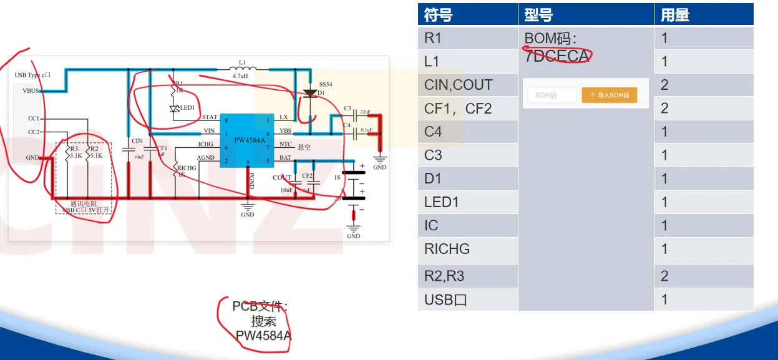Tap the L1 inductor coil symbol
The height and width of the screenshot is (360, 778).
click(x=243, y=68)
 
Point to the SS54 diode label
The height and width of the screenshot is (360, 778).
click(x=326, y=84)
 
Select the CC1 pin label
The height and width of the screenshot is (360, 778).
click(x=34, y=118)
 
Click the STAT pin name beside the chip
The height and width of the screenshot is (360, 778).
click(x=210, y=117)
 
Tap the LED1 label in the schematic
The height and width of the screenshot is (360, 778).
click(x=188, y=108)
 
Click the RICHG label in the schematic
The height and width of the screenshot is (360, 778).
click(x=187, y=168)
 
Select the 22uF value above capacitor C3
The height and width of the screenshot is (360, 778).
click(x=365, y=111)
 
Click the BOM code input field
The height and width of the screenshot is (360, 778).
click(x=552, y=95)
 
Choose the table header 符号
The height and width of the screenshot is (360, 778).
click(x=438, y=15)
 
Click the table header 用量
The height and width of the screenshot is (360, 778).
click(x=675, y=15)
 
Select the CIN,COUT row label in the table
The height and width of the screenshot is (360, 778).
click(x=458, y=85)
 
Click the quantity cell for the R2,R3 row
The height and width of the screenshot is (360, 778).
click(x=665, y=276)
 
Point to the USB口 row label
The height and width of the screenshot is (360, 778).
click(x=445, y=299)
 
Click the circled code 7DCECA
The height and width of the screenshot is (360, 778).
click(x=557, y=56)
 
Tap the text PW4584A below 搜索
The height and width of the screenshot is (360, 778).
click(x=263, y=336)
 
